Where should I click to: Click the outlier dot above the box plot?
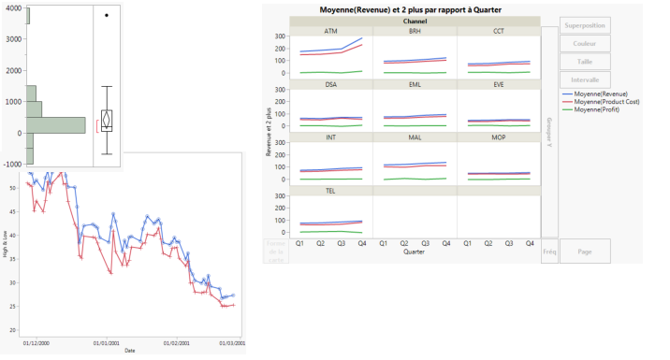(107, 15)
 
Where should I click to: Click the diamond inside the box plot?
(107, 120)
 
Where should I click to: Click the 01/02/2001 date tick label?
(177, 343)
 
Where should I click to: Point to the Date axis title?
(129, 351)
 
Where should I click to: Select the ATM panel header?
(331, 31)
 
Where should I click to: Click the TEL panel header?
(331, 190)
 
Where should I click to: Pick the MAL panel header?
(415, 137)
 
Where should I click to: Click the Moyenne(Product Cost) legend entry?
(607, 102)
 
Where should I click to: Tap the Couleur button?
(585, 44)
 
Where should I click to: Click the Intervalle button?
(585, 79)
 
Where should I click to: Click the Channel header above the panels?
(415, 21)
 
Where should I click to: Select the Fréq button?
(549, 252)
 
